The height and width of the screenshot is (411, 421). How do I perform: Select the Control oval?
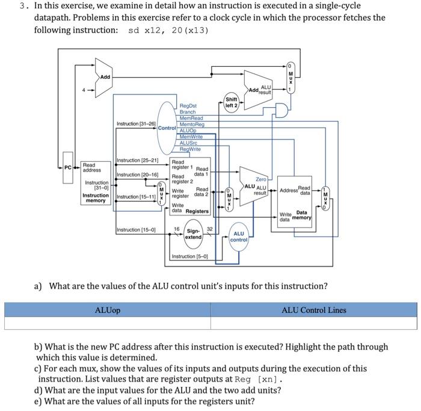[167, 127]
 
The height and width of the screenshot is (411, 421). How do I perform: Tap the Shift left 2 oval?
[232, 103]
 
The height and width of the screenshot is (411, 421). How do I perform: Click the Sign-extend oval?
[193, 234]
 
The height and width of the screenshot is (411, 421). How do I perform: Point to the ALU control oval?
[239, 238]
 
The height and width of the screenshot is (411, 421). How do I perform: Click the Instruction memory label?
[96, 199]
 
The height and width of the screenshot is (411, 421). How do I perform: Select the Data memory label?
[302, 215]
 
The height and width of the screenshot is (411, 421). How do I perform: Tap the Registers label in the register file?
[197, 211]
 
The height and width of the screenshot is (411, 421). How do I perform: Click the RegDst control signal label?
[188, 105]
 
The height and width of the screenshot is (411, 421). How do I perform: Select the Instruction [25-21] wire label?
[137, 160]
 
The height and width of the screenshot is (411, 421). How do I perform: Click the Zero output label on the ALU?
[261, 179]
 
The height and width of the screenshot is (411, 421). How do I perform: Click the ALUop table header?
[108, 310]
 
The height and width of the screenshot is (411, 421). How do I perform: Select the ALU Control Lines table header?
[314, 310]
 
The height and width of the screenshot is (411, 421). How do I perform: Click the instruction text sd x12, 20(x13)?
[168, 30]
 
